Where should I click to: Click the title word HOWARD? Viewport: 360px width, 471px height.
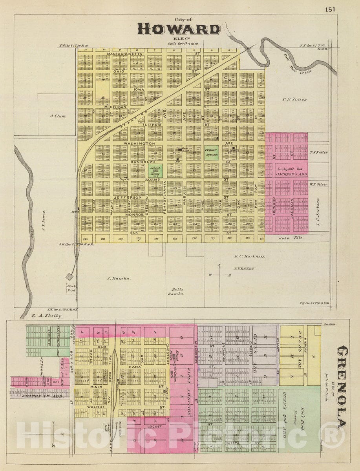point(179,29)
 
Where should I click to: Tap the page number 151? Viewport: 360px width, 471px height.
point(330,10)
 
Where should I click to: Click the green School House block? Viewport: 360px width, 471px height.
point(155,170)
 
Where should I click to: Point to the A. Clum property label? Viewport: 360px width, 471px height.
point(58,116)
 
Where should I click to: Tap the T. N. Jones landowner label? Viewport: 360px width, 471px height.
point(294,100)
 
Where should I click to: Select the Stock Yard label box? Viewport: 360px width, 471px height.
point(71,289)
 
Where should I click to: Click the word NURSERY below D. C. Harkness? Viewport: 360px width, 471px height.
point(244,268)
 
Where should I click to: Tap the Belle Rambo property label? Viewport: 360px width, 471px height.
point(175,292)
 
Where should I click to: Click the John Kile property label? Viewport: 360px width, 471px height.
point(291,237)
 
